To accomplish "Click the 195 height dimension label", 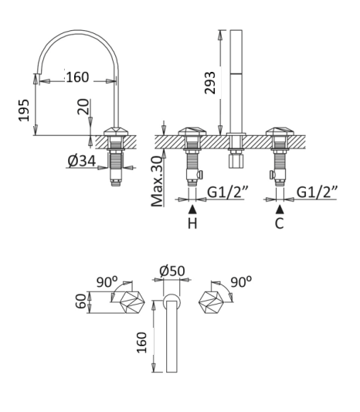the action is (24, 111).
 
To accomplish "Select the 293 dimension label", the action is (210, 83).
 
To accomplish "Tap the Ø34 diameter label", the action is (82, 161).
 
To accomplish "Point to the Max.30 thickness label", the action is (158, 182).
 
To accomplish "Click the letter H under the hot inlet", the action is (192, 223).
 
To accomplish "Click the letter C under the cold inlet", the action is (280, 223).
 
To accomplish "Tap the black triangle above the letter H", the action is (192, 209).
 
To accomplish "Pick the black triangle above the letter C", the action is (280, 209).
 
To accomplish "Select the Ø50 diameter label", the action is (172, 271).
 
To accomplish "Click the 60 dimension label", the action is (81, 301).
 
